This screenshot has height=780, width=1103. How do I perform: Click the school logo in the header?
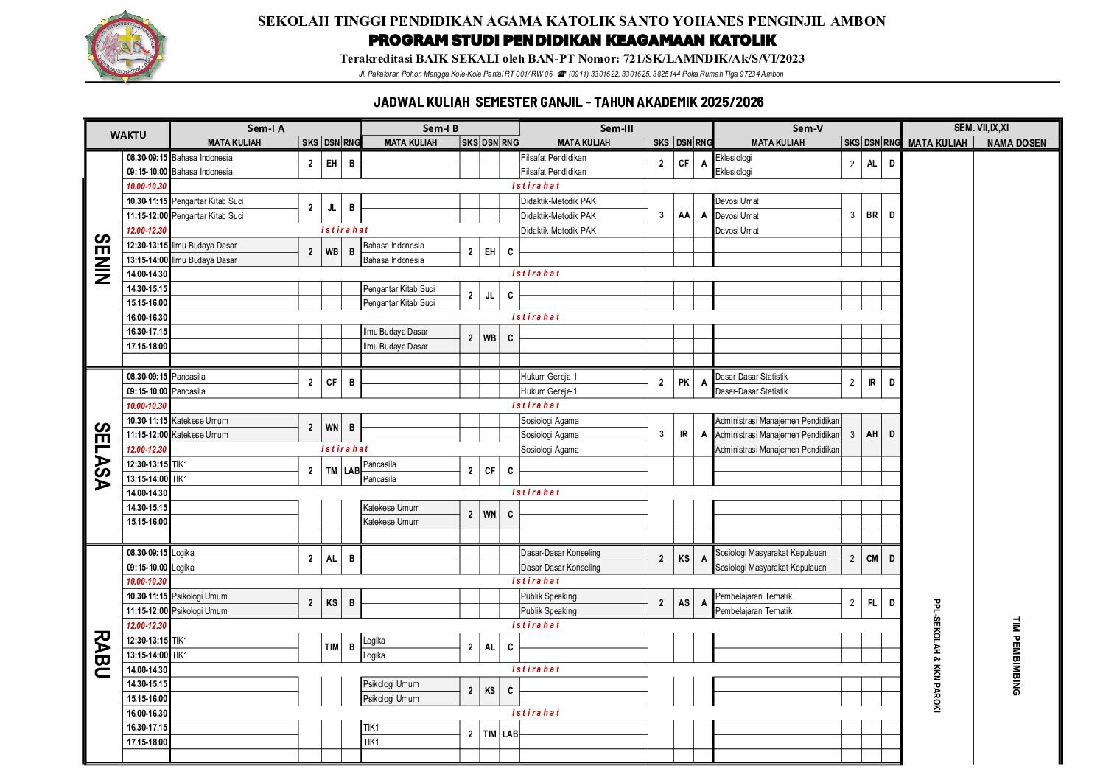coord(126,46)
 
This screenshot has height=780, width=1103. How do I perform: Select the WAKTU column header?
coord(128,135)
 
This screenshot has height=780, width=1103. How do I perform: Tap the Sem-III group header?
coord(616,128)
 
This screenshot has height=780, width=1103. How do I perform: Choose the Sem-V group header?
coord(808,128)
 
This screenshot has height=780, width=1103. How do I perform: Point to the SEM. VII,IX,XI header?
coord(981,128)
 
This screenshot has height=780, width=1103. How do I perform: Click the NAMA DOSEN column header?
coord(1016,143)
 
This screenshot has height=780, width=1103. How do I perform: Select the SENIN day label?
coord(102,259)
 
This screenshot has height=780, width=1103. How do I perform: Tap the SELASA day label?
coord(102,456)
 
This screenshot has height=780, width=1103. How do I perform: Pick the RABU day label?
coord(102,654)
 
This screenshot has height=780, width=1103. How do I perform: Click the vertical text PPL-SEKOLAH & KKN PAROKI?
coord(937,655)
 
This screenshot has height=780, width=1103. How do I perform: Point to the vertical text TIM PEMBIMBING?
coord(1016,655)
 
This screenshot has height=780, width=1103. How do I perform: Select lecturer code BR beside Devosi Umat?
coord(872,215)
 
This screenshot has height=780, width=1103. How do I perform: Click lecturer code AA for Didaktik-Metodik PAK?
coord(684,215)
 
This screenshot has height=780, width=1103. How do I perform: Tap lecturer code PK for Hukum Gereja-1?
coord(684,383)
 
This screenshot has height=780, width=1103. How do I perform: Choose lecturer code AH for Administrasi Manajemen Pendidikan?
coord(872,434)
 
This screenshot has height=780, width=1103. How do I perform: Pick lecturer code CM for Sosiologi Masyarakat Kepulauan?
coord(872,559)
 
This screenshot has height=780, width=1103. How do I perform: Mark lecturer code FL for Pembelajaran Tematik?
coord(872,603)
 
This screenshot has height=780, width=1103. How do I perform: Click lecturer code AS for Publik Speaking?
coord(684,603)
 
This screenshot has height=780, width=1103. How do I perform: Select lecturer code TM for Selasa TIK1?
coord(332,471)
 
